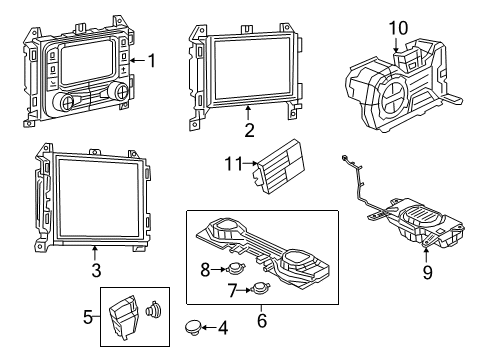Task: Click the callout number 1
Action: click(152, 61)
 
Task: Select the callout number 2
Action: click(248, 128)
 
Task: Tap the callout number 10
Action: click(398, 28)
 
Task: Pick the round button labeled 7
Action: click(260, 289)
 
